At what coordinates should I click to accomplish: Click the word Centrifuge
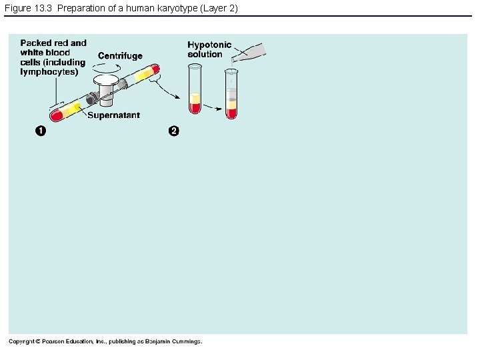120,55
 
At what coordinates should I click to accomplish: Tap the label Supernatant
113,115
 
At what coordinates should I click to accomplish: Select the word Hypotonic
210,45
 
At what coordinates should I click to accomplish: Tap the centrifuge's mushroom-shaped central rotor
105,84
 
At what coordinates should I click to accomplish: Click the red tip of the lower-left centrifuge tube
56,116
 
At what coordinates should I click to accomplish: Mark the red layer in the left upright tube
196,107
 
